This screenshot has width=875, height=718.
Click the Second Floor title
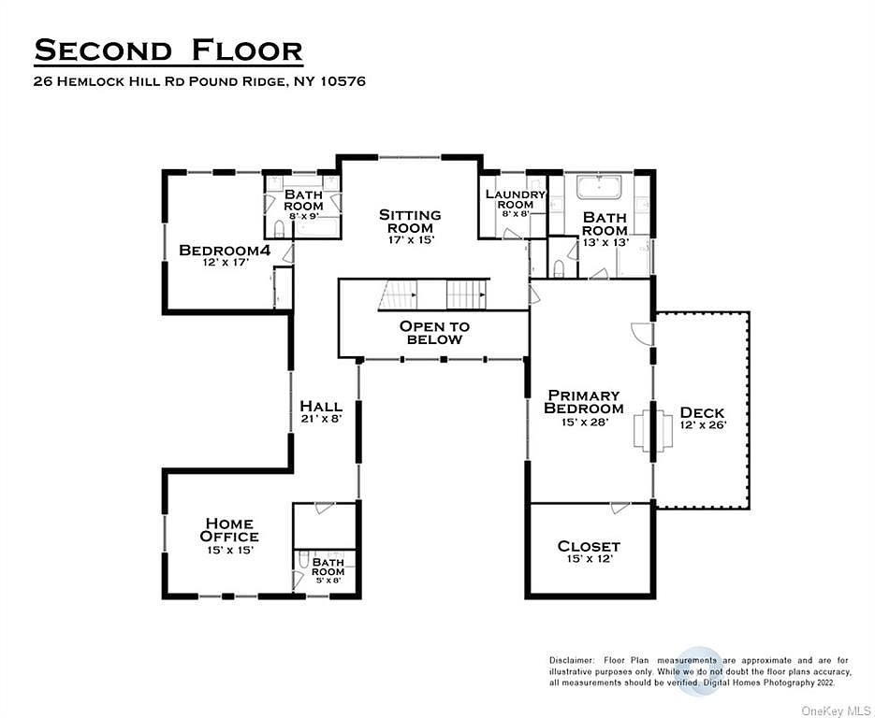click(x=168, y=50)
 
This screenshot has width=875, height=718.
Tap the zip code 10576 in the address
click(x=343, y=81)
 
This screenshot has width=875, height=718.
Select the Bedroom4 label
click(x=225, y=251)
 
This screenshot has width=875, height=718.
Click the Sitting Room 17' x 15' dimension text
click(x=411, y=240)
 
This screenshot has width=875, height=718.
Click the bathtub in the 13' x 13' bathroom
click(x=599, y=187)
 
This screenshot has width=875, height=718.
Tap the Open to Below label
click(x=435, y=333)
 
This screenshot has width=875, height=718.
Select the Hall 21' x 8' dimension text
click(x=321, y=418)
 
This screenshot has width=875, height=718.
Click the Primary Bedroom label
click(x=584, y=402)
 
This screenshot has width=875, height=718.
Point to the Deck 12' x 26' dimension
click(x=703, y=424)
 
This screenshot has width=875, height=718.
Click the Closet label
click(x=589, y=546)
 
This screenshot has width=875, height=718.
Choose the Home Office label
click(x=229, y=530)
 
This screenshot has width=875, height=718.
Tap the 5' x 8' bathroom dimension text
click(x=328, y=581)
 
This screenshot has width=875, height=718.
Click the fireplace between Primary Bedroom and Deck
click(x=653, y=428)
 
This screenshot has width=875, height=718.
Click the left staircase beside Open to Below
click(x=398, y=294)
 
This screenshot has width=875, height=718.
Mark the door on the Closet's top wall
click(x=620, y=508)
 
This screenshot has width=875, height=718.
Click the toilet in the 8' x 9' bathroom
click(x=279, y=228)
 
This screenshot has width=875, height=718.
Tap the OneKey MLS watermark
click(x=837, y=711)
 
